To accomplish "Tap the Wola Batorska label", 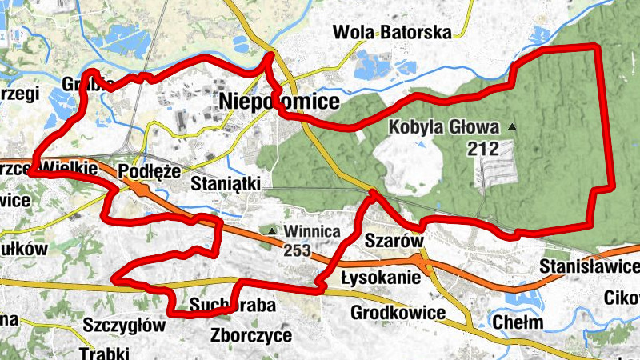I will click(393, 32).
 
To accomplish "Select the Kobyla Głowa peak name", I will click(444, 127).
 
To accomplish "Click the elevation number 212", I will click(484, 147).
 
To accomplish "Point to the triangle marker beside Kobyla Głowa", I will click(512, 127).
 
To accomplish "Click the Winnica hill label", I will click(313, 232).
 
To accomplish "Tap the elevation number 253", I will click(297, 250).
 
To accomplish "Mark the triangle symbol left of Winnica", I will click(273, 232).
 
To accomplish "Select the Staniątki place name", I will click(227, 183).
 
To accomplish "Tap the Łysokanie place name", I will click(380, 278).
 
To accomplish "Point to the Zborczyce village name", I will click(252, 335).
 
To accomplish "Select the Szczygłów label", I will click(124, 326).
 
